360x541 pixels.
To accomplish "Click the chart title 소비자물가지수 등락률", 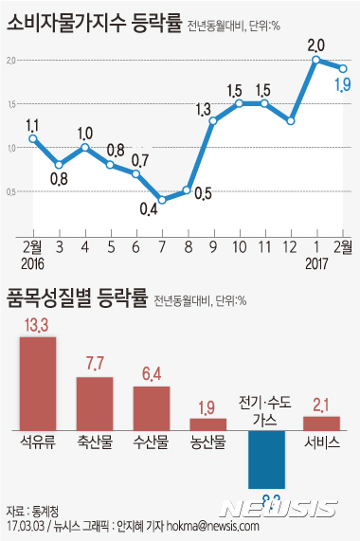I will click(x=91, y=21).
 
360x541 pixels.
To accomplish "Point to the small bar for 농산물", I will click(x=208, y=424).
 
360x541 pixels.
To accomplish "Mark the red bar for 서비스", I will click(x=322, y=423).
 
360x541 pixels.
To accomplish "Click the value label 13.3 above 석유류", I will click(x=38, y=326).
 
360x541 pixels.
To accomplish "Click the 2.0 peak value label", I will click(x=316, y=44).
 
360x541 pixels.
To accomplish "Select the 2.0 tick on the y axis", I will click(x=12, y=60).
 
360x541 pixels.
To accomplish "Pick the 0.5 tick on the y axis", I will click(x=12, y=191).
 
